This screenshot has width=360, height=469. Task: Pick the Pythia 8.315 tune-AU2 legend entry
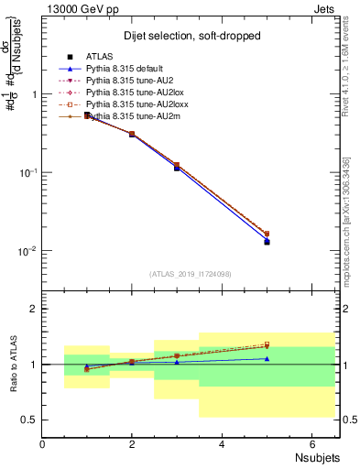pyautogui.click(x=125, y=82)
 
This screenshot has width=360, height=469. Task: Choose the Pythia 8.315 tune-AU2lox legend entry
pyautogui.click(x=129, y=93)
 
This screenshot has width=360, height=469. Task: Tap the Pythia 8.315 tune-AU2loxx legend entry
pyautogui.click(x=131, y=105)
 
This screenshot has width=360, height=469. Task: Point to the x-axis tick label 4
pyautogui.click(x=223, y=444)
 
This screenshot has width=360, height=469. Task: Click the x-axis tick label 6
pyautogui.click(x=312, y=444)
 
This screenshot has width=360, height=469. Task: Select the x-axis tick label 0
pyautogui.click(x=43, y=444)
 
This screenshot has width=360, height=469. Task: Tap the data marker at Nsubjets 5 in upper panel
pyautogui.click(x=267, y=242)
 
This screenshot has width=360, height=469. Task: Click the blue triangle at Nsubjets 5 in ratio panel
pyautogui.click(x=267, y=358)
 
